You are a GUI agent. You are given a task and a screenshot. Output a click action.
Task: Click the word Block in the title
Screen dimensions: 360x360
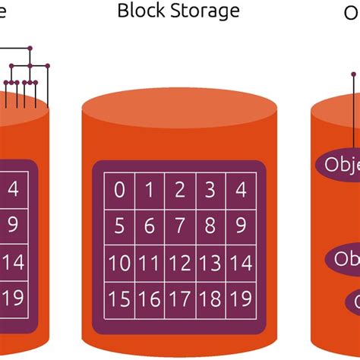click(142, 11)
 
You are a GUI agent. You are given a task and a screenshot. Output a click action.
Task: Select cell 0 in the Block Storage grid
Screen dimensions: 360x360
click(120, 190)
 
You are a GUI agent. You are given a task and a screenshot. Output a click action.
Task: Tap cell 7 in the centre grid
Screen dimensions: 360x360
click(180, 226)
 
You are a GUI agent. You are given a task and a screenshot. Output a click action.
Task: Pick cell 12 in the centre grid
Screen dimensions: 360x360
click(180, 263)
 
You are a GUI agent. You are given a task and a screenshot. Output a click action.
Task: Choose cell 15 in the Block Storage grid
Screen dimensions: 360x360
click(120, 298)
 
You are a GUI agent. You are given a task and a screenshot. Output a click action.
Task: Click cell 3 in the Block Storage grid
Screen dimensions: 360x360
click(210, 190)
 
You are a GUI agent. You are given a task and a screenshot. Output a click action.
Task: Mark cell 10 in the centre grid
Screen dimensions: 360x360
click(120, 263)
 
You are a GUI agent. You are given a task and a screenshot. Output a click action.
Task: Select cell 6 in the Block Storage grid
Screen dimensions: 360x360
click(150, 226)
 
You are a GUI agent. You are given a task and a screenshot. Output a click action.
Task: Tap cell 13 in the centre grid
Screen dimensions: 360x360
click(210, 263)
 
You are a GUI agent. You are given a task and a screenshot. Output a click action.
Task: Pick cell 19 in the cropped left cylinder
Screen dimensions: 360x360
click(13, 295)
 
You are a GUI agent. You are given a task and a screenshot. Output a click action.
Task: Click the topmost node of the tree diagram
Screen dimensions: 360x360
click(30, 49)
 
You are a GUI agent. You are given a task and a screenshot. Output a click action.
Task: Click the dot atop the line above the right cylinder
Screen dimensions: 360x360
click(353, 74)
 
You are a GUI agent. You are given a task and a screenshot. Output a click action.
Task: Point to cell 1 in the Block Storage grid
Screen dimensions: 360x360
click(150, 190)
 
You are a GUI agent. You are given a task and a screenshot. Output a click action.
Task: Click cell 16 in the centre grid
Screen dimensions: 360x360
click(150, 298)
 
